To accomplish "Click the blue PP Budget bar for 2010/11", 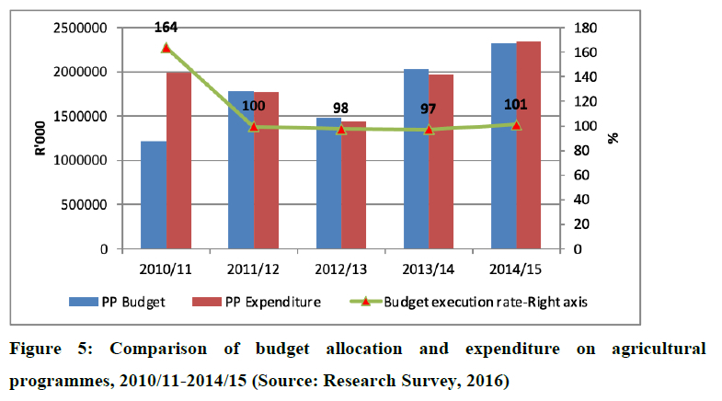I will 154,195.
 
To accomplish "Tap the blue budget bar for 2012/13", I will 328,183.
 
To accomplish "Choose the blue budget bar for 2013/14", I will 416,159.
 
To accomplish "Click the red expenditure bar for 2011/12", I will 266,170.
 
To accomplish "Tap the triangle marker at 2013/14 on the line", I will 429,130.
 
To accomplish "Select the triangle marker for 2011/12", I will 254,126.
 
